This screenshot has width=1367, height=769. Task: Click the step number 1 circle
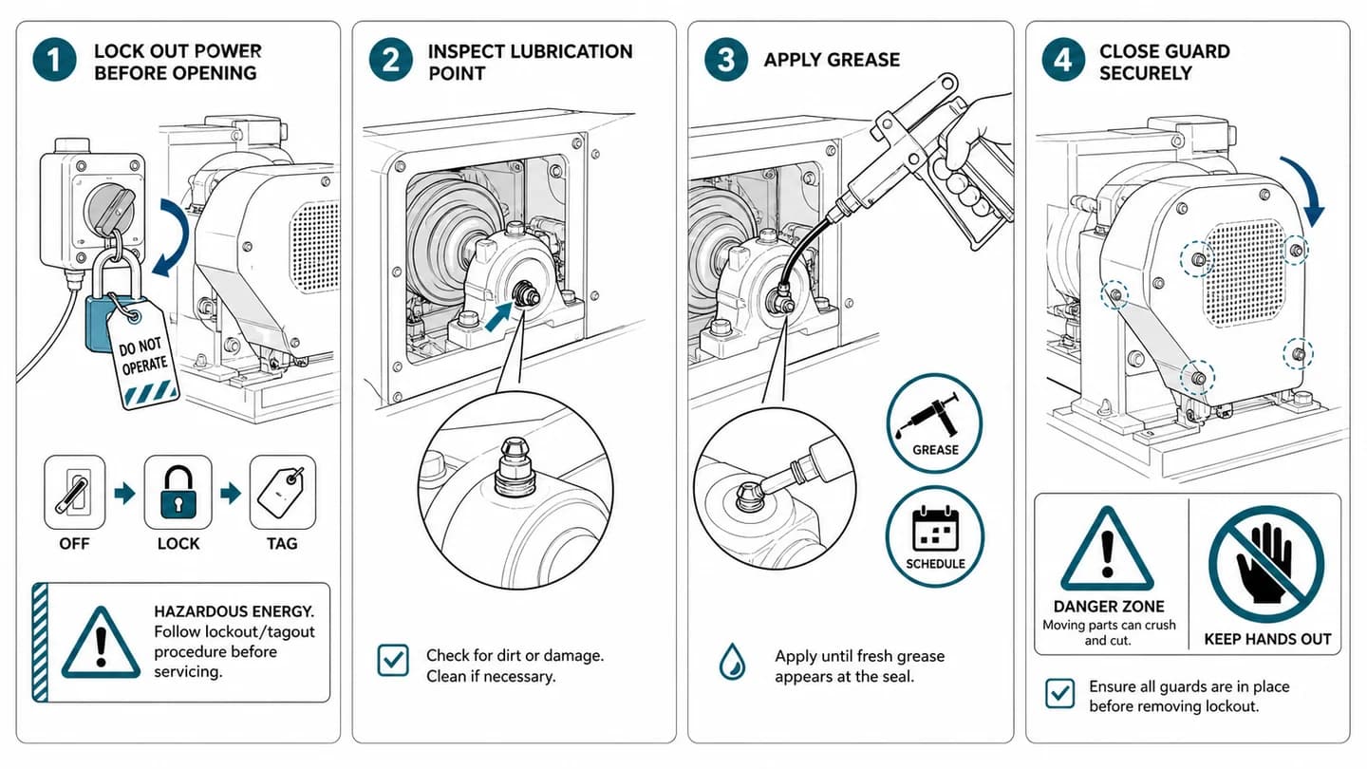(x=54, y=60)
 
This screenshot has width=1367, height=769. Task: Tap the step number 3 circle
(x=725, y=60)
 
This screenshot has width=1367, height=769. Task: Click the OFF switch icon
(x=74, y=492)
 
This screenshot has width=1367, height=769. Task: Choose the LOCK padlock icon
(x=178, y=492)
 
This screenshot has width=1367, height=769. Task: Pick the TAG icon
(x=283, y=492)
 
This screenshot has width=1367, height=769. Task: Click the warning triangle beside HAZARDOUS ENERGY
(x=102, y=645)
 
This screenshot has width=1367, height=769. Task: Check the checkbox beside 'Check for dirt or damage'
(x=393, y=660)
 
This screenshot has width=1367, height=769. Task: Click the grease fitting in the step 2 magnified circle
(x=515, y=467)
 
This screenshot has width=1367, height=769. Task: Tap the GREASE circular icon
(x=934, y=423)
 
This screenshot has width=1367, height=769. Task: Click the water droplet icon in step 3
(x=732, y=661)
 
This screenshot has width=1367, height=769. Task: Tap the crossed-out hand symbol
(x=1266, y=565)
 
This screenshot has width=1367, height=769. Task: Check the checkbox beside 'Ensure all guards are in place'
(x=1060, y=693)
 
